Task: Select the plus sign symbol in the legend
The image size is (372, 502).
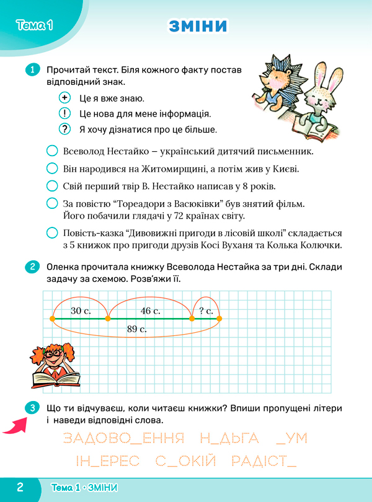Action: pyautogui.click(x=64, y=98)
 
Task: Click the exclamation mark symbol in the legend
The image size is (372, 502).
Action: pyautogui.click(x=64, y=113)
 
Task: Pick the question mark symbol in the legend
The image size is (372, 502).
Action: pyautogui.click(x=64, y=130)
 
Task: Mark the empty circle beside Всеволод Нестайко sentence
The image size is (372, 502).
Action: pyautogui.click(x=53, y=151)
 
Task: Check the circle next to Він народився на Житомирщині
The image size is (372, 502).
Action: pyautogui.click(x=53, y=168)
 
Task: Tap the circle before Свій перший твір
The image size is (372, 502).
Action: pyautogui.click(x=53, y=185)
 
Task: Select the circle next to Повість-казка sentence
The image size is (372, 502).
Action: pyautogui.click(x=53, y=233)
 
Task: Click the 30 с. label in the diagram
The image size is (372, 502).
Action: pyautogui.click(x=81, y=310)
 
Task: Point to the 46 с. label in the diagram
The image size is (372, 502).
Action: pyautogui.click(x=151, y=310)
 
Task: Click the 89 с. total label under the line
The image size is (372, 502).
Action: pyautogui.click(x=136, y=329)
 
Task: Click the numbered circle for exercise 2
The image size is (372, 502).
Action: pyautogui.click(x=32, y=268)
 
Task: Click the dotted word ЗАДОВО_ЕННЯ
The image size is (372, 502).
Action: pyautogui.click(x=124, y=439)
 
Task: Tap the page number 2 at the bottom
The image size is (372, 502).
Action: pyautogui.click(x=20, y=487)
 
